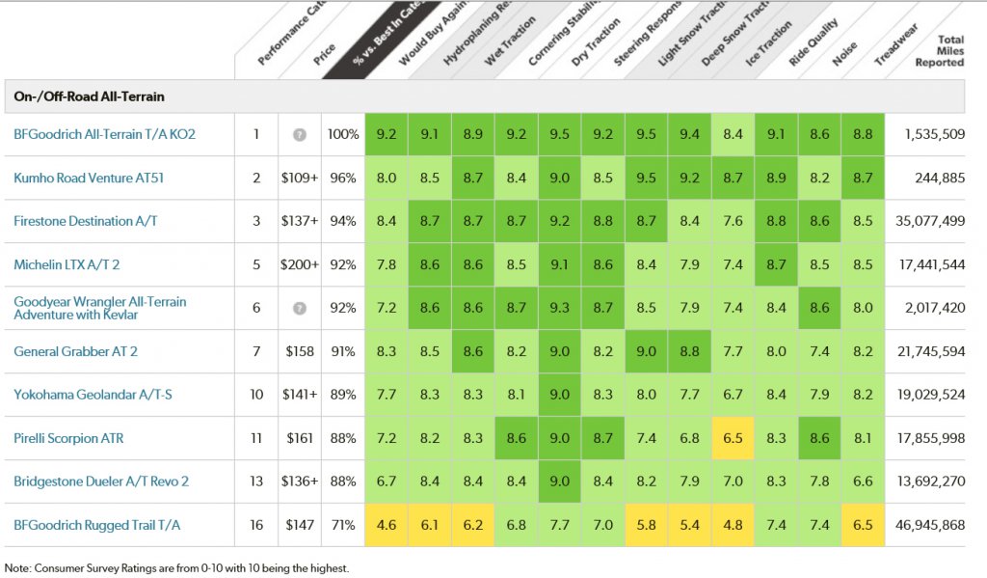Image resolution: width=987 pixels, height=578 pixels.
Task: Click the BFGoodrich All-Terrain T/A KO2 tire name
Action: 104,134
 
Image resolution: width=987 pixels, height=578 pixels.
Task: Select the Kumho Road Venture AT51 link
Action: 86,178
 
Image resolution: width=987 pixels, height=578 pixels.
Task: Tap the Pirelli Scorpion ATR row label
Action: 68,438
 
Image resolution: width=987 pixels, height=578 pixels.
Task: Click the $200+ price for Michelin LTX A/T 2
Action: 300,264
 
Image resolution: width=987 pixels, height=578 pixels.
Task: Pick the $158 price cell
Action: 300,351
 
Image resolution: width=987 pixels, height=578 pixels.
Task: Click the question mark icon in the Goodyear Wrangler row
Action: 300,308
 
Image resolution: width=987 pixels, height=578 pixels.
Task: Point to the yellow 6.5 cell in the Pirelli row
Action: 733,438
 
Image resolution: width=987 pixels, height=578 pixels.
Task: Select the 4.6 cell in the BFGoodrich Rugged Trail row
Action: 387,525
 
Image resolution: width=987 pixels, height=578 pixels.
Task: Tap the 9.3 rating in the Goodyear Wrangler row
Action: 559,308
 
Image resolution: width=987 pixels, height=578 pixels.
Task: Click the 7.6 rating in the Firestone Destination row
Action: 733,221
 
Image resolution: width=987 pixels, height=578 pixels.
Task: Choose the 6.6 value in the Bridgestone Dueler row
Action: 863,482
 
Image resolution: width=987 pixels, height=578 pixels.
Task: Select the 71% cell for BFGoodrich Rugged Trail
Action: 343,525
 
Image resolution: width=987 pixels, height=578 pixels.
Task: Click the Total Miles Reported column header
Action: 942,50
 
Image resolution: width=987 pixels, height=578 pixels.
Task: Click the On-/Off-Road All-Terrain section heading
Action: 89,96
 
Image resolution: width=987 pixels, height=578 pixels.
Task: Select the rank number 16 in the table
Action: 256,525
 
